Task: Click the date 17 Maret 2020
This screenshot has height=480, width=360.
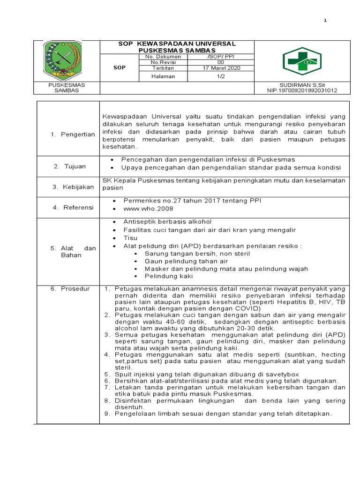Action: coord(221,68)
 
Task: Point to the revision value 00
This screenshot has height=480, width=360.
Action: coord(221,62)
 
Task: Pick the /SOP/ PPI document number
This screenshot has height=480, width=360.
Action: coord(221,57)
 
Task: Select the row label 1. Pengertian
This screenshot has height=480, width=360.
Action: coord(72,135)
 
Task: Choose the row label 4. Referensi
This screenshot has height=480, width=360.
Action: coord(72,207)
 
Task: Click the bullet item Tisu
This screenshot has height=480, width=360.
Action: coord(130,238)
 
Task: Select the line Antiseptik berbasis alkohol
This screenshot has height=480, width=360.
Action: coord(167,221)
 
